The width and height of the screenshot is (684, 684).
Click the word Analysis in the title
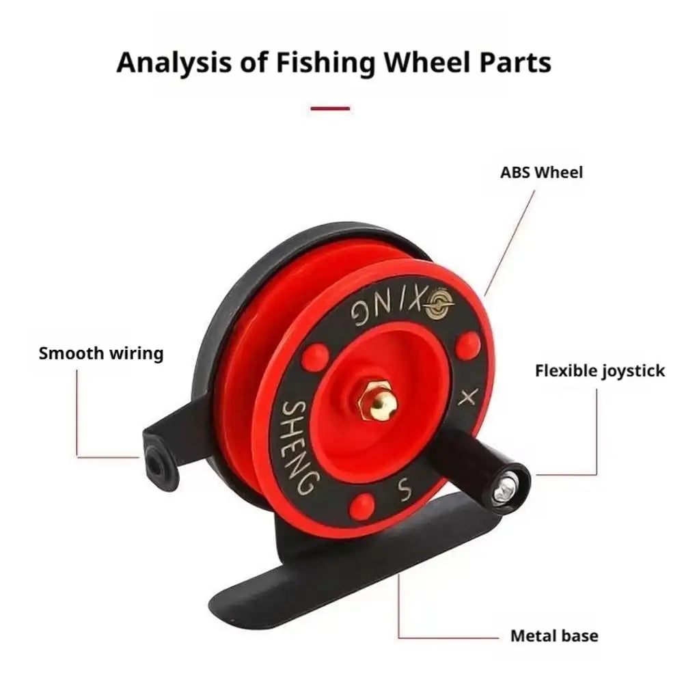173,63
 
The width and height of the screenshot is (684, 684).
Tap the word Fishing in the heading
325,63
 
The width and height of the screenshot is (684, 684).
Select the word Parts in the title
515,62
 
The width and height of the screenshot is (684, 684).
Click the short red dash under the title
330,108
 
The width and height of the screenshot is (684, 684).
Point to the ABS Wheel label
541,172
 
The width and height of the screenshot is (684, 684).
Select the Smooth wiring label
101,353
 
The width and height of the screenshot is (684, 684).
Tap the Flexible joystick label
600,371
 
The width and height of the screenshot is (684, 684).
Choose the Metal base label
554,635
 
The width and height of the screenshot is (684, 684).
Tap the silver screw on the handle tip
506,487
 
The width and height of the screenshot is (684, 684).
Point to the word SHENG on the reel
297,446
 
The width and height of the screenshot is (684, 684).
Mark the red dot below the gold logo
468,344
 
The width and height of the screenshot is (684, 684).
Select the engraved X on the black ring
468,396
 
